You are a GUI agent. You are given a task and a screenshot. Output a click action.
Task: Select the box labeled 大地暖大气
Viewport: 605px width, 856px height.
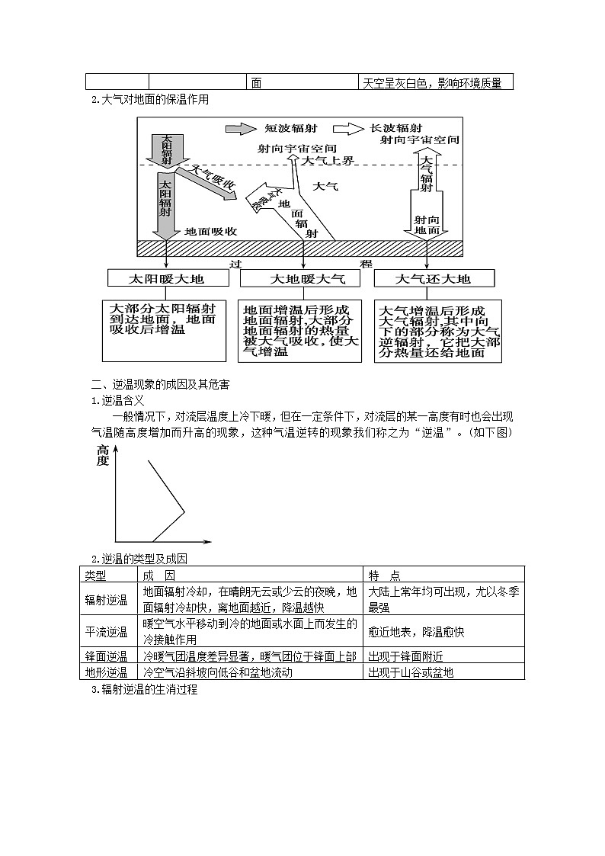[x=299, y=279]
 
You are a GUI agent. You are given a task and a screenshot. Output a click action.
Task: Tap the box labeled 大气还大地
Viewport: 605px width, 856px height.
[x=433, y=279]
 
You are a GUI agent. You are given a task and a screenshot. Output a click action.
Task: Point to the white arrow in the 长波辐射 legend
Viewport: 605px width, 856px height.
[x=347, y=129]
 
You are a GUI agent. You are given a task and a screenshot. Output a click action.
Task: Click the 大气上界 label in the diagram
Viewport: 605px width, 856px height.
[x=328, y=161]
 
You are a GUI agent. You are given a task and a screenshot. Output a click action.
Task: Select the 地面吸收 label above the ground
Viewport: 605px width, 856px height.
[x=211, y=230]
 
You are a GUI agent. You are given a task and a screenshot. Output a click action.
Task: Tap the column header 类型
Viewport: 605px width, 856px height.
[x=96, y=575]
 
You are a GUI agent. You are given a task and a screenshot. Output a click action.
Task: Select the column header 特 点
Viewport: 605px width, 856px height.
[x=385, y=575]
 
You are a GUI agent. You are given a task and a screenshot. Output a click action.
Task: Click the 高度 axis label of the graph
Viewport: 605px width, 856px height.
[x=103, y=456]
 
